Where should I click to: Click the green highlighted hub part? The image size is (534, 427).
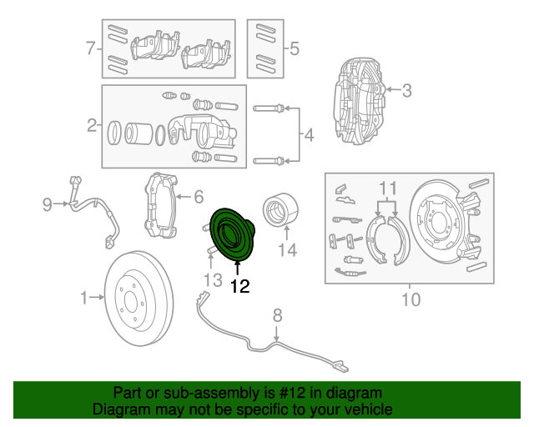tap(230, 235)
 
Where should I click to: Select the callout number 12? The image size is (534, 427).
tap(239, 287)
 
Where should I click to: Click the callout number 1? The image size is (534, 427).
tap(83, 296)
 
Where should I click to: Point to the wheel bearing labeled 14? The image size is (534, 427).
tap(276, 209)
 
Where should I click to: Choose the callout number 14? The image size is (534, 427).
tap(287, 249)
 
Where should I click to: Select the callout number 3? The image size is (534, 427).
tap(406, 91)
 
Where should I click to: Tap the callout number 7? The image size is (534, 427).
tap(91, 48)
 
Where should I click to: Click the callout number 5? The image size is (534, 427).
tap(294, 48)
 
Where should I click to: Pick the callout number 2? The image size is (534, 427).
tap(91, 126)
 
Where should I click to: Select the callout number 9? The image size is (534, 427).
tap(48, 203)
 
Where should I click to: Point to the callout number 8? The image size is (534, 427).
tap(278, 315)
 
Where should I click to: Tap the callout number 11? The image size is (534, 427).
tap(386, 187)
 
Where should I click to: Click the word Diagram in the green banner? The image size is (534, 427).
tap(118, 409)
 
